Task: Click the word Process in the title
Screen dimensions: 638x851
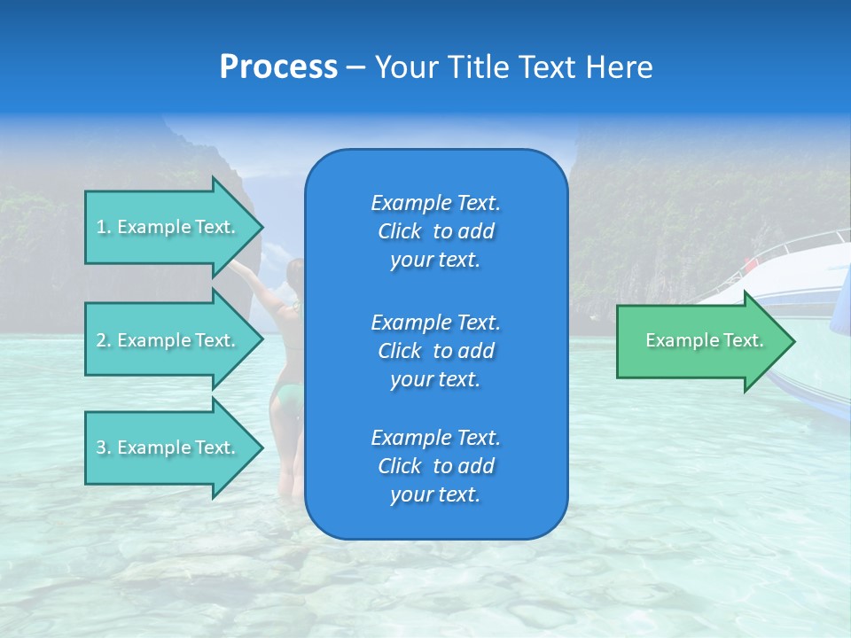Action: pyautogui.click(x=278, y=67)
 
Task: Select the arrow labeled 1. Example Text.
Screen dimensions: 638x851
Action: pyautogui.click(x=168, y=227)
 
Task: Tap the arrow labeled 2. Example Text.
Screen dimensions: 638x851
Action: pyautogui.click(x=168, y=340)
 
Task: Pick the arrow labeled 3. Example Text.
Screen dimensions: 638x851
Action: pyautogui.click(x=168, y=447)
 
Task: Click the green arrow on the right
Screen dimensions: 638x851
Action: pyautogui.click(x=700, y=341)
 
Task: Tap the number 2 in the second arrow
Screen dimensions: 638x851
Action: pyautogui.click(x=101, y=340)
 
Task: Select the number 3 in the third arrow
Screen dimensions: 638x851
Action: pyautogui.click(x=101, y=447)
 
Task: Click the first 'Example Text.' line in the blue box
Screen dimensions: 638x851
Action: pyautogui.click(x=435, y=203)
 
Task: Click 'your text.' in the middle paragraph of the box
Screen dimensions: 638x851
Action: pyautogui.click(x=435, y=379)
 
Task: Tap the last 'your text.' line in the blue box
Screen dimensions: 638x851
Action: pyautogui.click(x=435, y=495)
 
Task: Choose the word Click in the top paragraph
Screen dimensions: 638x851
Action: pyautogui.click(x=399, y=231)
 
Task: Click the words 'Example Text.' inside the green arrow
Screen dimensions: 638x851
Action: pyautogui.click(x=704, y=340)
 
